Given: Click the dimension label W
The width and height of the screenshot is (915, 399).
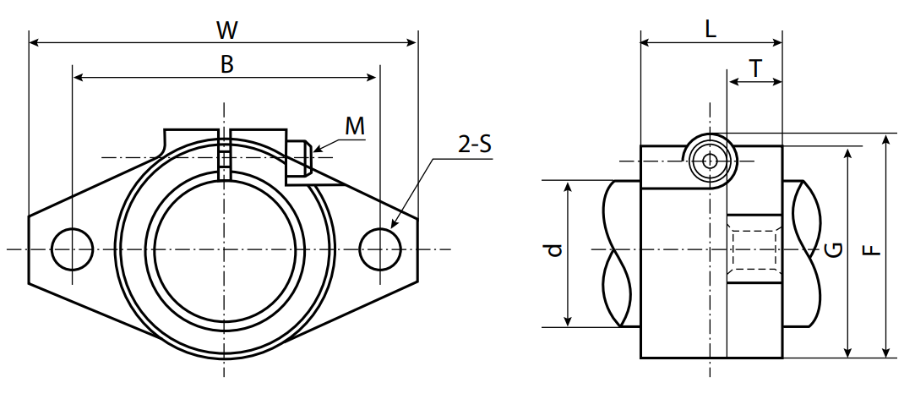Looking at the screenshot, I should (226, 31).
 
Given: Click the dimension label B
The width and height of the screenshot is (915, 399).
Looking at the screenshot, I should (226, 66).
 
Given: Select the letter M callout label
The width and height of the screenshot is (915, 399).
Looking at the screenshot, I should (355, 127).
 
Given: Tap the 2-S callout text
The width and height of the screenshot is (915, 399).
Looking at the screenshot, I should (475, 145).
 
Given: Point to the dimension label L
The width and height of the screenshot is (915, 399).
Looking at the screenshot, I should (710, 30).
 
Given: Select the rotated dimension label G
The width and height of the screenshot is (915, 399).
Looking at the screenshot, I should (832, 249).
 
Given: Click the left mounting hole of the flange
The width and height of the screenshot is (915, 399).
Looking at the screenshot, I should (72, 249).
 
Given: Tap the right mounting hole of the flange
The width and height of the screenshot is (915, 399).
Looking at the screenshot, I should (379, 249).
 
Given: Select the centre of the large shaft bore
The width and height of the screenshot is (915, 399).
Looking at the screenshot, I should (226, 249).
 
